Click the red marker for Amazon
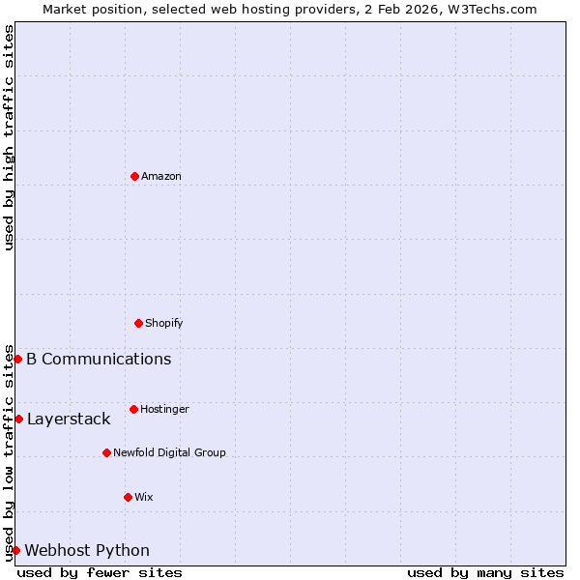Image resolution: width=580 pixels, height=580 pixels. [x=134, y=176]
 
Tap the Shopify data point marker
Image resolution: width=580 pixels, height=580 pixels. [x=138, y=323]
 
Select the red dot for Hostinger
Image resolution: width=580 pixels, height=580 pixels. [x=133, y=409]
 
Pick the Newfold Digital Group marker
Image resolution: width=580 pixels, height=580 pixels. [x=106, y=452]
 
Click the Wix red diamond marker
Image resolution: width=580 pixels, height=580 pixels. [x=128, y=497]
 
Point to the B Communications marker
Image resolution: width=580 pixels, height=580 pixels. [x=17, y=359]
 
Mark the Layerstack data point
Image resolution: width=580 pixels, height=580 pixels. [x=18, y=419]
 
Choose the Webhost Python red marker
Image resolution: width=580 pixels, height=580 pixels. [x=15, y=550]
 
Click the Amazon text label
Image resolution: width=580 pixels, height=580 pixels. [x=160, y=176]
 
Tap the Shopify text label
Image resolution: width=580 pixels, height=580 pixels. [x=163, y=323]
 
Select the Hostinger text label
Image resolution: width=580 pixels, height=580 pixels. [x=164, y=409]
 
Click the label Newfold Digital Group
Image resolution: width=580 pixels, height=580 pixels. [x=169, y=452]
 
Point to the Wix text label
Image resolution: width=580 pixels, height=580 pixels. [x=143, y=497]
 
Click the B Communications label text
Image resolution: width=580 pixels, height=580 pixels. [x=99, y=360]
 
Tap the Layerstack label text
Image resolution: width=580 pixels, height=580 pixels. [x=69, y=420]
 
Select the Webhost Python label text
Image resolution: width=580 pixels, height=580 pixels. [x=87, y=551]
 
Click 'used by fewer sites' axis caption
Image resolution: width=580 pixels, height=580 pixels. [x=100, y=572]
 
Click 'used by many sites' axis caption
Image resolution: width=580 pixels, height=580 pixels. [x=485, y=572]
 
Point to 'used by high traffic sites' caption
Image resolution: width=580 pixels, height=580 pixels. [x=9, y=137]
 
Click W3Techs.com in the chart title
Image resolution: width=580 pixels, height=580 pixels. [x=488, y=9]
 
